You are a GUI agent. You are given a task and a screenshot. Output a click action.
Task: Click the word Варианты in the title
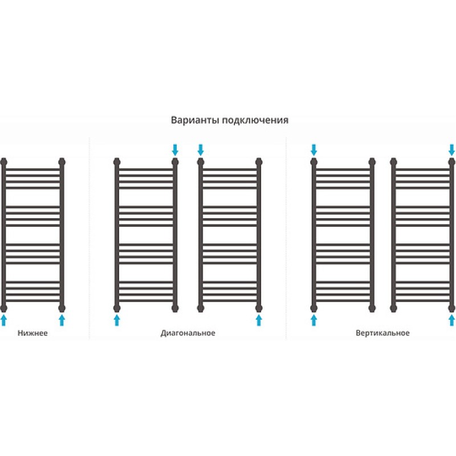pyautogui.click(x=194, y=120)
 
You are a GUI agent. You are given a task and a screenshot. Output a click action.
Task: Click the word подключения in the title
pyautogui.click(x=255, y=120)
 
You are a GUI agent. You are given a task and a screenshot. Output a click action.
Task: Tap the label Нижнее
pyautogui.click(x=32, y=333)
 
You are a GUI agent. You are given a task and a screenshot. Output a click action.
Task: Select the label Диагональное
pyautogui.click(x=188, y=333)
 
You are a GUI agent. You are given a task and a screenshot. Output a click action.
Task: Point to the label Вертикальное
pyautogui.click(x=382, y=333)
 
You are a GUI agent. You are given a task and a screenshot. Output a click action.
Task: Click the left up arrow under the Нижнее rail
pyautogui.click(x=3, y=320)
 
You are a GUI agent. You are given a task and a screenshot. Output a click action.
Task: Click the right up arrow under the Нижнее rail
pyautogui.click(x=62, y=320)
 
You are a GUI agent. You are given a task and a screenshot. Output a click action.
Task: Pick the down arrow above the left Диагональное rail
pyautogui.click(x=175, y=150)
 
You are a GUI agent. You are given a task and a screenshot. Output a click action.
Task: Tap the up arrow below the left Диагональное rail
pyautogui.click(x=117, y=320)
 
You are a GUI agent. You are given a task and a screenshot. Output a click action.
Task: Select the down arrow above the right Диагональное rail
pyautogui.click(x=201, y=150)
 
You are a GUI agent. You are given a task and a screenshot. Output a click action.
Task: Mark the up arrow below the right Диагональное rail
pyautogui.click(x=259, y=320)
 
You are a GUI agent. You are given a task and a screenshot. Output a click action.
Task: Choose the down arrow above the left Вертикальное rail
pyautogui.click(x=313, y=150)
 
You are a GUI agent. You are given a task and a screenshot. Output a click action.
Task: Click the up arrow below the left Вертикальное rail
pyautogui.click(x=313, y=320)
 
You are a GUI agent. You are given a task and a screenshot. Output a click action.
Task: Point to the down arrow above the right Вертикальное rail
pyautogui.click(x=451, y=150)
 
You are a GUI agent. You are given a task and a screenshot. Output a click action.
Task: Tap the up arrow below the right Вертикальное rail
pyautogui.click(x=451, y=320)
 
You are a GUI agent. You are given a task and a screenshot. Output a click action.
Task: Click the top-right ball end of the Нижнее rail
pyautogui.click(x=62, y=162)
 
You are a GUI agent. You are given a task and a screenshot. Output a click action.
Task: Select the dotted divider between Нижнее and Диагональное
pyautogui.click(x=89, y=238)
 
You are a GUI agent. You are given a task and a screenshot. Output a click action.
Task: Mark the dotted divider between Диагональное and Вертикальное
pyautogui.click(x=286, y=238)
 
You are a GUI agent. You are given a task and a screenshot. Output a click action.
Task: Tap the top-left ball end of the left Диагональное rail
pyautogui.click(x=117, y=162)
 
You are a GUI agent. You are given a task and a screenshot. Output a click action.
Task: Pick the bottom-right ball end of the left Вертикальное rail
pyautogui.click(x=372, y=308)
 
